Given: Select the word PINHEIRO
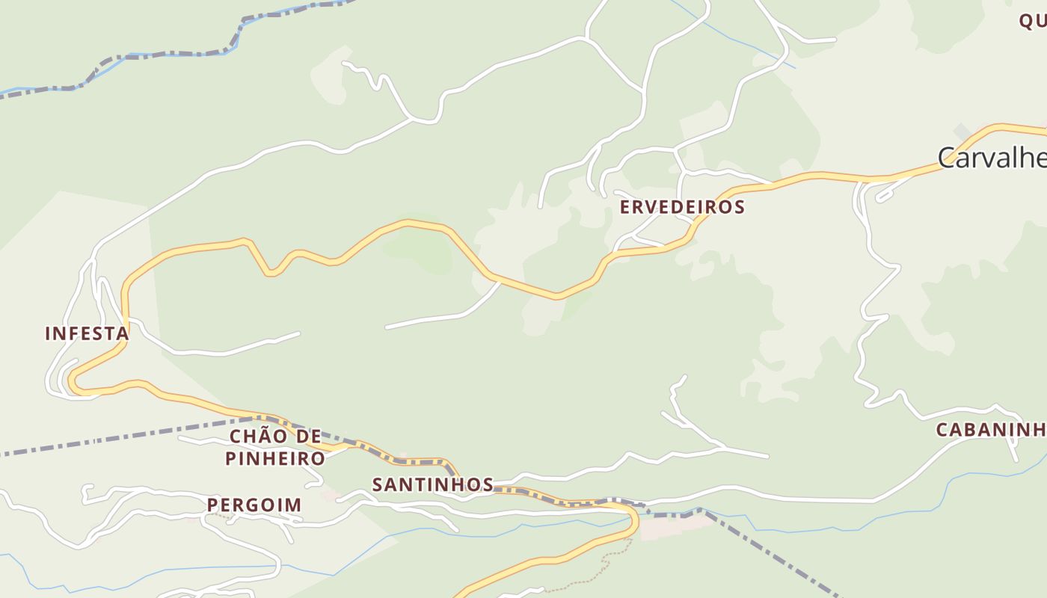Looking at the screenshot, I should (x=275, y=458).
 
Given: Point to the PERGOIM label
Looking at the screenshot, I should (x=254, y=505).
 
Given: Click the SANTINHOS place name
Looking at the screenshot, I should (x=433, y=484).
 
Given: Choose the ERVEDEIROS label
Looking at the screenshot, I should (x=682, y=207).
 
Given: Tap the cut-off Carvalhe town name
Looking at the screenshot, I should (x=991, y=158).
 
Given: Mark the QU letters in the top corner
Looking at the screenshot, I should (x=1032, y=21).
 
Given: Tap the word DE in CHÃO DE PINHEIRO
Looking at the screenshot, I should (x=308, y=437).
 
